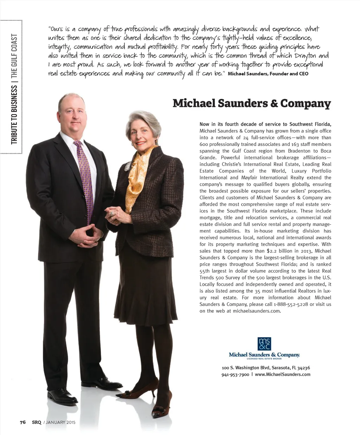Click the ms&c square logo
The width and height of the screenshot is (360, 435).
tap(264, 344)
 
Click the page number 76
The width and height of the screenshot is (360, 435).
tap(23, 422)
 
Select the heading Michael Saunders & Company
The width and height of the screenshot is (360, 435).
tap(252, 103)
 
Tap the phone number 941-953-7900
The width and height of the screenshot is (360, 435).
tap(235, 375)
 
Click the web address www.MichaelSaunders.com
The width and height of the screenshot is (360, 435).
tap(283, 375)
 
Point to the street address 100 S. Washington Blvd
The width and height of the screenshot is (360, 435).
tap(245, 368)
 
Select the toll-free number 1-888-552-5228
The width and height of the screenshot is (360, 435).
tap(290, 305)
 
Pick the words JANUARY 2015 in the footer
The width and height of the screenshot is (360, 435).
tap(60, 422)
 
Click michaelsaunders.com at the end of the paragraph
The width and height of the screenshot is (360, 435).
tap(257, 311)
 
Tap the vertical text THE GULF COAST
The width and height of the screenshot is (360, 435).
tap(14, 57)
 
